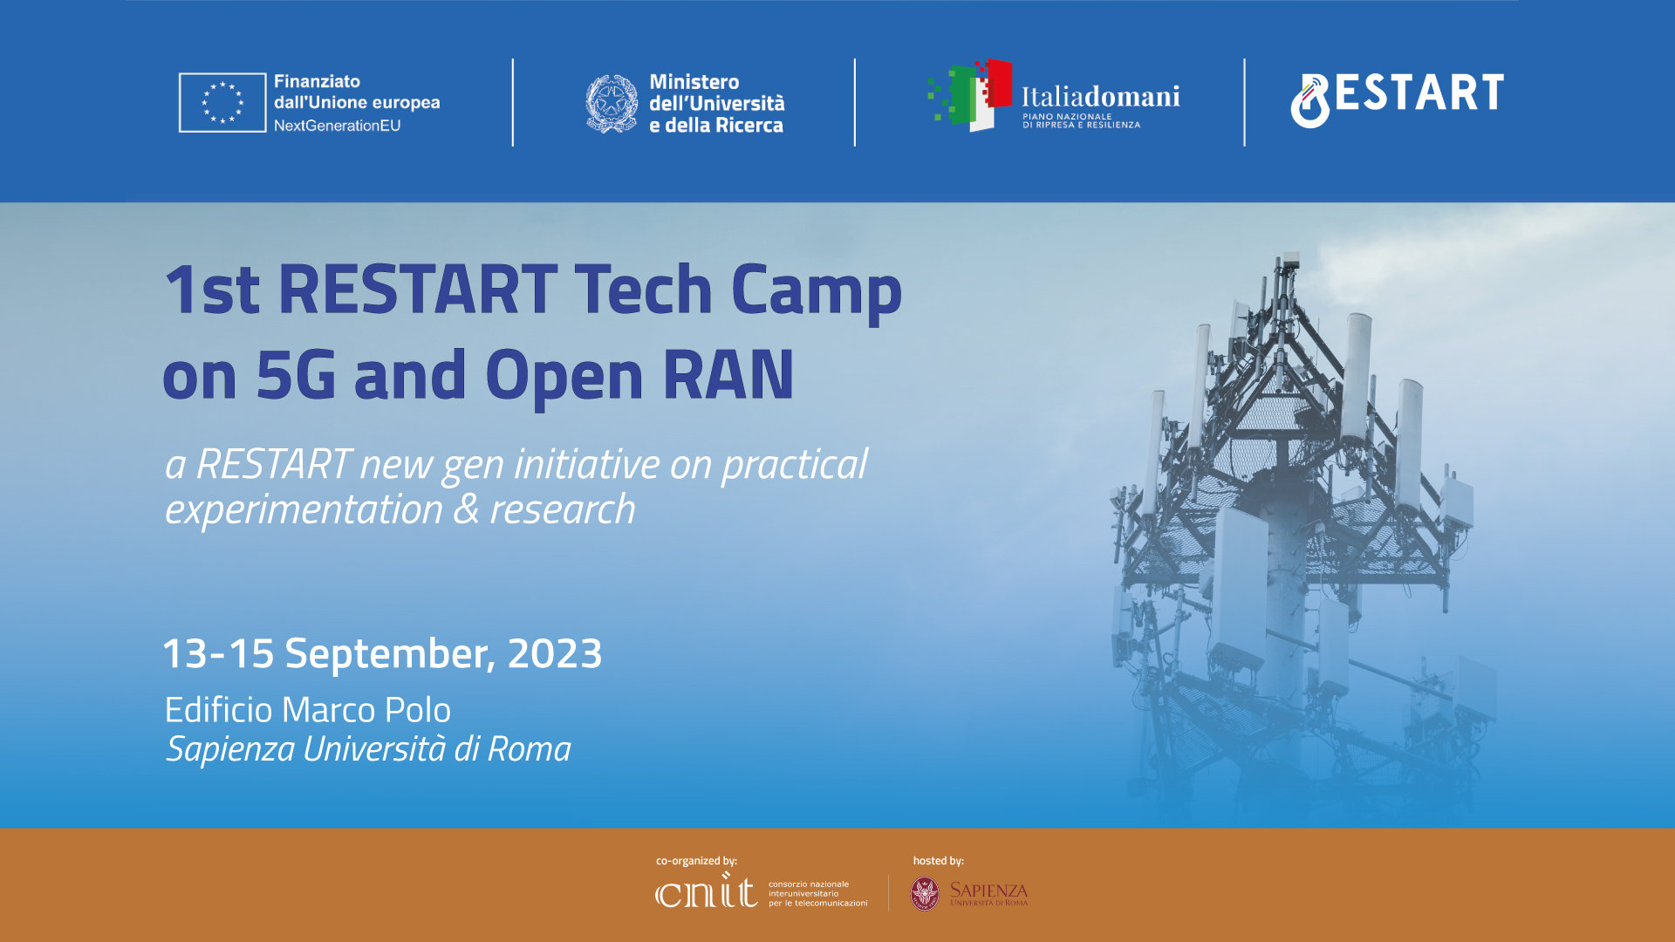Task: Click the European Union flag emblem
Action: pos(222,103)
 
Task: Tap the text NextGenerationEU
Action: pos(337,126)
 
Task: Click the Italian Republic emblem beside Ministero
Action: pos(612,103)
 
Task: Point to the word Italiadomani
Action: pos(1100,96)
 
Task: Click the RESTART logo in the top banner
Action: pos(1397,99)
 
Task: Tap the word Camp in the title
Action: pos(817,291)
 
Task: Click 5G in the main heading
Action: pos(296,375)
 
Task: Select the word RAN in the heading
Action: pos(728,375)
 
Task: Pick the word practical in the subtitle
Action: pos(794,466)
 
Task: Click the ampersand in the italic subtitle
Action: pos(467,509)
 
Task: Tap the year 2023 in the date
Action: pos(555,653)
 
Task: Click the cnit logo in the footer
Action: pos(706,891)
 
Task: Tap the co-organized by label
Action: pos(696,861)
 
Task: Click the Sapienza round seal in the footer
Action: pos(925,894)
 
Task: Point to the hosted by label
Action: pos(939,861)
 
